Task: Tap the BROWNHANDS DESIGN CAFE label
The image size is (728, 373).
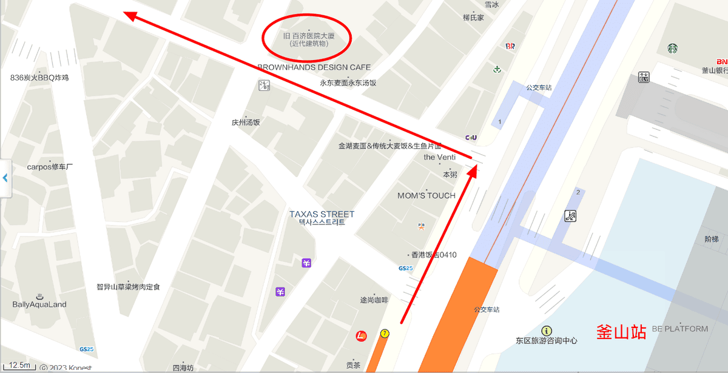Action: pos(314,67)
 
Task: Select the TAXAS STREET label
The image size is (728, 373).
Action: pos(322,214)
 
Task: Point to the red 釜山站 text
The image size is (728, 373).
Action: pos(621,332)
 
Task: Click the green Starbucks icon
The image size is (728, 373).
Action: pos(672,49)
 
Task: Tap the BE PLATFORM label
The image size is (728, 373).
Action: pos(680,329)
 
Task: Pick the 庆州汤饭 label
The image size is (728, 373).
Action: pos(246,122)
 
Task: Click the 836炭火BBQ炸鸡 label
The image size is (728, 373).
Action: pos(39,78)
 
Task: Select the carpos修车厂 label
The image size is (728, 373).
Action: pos(50,166)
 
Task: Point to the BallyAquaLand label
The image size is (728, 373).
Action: pos(39,304)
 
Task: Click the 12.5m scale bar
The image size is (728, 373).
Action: pos(19,365)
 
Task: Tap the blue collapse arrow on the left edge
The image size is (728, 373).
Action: pos(5,178)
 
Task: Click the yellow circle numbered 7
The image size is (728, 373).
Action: pos(385,334)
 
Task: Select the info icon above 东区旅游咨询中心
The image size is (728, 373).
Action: pos(547,331)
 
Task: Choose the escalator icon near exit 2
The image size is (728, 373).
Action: pos(570,215)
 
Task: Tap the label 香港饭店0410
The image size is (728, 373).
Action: pos(434,255)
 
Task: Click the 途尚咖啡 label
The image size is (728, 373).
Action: pos(374,300)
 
